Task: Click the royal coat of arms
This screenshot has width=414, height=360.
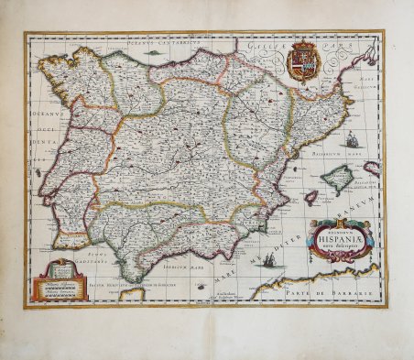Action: tap(300, 64)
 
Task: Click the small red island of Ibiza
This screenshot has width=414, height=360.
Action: tap(310, 197)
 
